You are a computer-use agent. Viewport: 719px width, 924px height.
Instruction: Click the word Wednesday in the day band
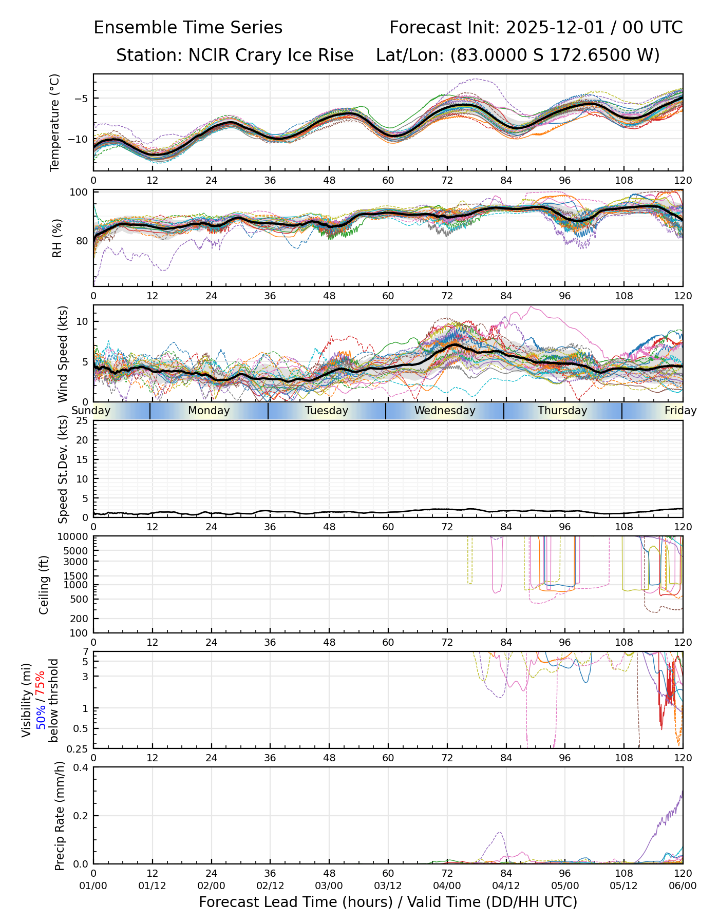[445, 411]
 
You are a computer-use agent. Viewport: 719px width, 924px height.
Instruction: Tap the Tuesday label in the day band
[327, 411]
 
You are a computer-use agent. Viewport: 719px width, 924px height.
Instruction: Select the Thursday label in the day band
[562, 411]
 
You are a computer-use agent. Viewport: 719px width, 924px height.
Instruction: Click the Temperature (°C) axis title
[55, 122]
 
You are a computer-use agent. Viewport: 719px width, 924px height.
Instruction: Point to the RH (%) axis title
[57, 238]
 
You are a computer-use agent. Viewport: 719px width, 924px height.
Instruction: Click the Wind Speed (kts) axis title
[63, 354]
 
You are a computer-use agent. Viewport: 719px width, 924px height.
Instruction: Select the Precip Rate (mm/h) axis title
[60, 816]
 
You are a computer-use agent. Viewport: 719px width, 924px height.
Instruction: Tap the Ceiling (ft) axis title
[44, 585]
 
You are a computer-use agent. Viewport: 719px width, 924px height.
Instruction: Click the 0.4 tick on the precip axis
[82, 767]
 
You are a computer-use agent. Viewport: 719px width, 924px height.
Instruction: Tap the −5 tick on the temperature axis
[81, 99]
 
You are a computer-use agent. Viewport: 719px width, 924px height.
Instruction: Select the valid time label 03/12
[388, 885]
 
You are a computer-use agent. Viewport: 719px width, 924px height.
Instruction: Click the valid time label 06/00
[683, 885]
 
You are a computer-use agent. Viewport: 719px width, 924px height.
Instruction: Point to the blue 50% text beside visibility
[41, 714]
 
